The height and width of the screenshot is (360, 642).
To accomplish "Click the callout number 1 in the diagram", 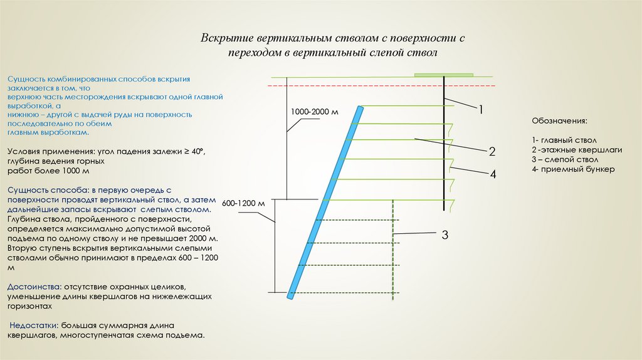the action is click(x=481, y=110).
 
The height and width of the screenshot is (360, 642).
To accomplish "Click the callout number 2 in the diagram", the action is click(x=493, y=151).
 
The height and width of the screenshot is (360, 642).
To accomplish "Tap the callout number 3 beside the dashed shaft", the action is click(x=445, y=235).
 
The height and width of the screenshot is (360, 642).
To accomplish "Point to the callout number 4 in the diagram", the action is click(x=493, y=174).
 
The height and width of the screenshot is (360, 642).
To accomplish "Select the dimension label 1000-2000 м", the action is click(x=314, y=112).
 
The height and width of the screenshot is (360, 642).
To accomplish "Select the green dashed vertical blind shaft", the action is click(x=393, y=251).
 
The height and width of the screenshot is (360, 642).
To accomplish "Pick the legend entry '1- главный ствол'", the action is click(x=564, y=140).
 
